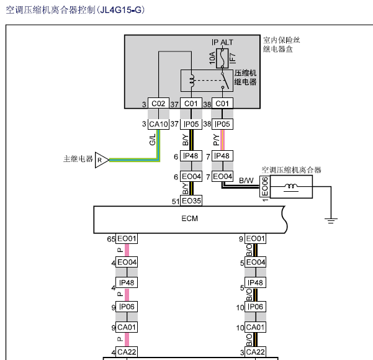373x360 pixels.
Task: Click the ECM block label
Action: click(x=189, y=219)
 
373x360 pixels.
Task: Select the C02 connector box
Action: click(x=159, y=104)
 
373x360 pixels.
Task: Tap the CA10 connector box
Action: click(x=159, y=124)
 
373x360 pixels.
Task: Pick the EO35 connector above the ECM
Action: click(x=191, y=200)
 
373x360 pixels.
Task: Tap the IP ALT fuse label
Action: click(x=222, y=42)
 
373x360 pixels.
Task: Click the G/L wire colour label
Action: click(x=152, y=140)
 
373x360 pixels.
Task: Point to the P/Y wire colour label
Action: click(x=215, y=140)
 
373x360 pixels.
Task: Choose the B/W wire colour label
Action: click(x=246, y=181)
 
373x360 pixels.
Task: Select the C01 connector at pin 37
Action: click(x=191, y=104)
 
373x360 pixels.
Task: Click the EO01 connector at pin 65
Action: click(x=127, y=239)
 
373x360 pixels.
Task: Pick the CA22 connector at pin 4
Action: click(x=127, y=353)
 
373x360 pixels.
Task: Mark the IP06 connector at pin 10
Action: click(x=254, y=307)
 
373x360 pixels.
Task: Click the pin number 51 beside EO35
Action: click(x=176, y=201)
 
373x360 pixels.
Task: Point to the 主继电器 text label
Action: click(x=78, y=159)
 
